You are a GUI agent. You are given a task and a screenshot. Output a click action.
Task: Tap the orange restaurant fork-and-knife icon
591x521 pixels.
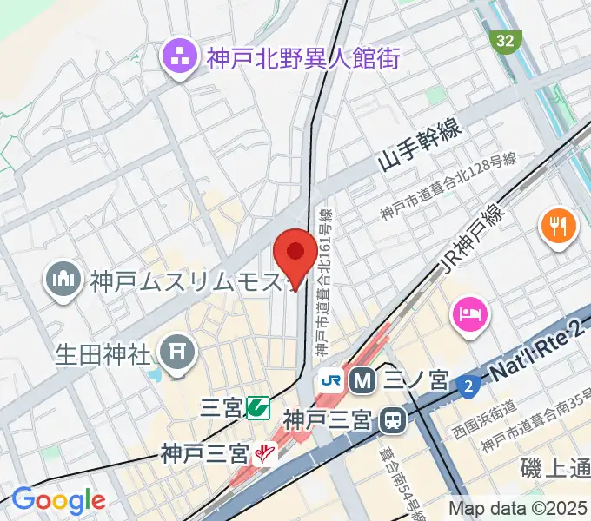tap(557, 228)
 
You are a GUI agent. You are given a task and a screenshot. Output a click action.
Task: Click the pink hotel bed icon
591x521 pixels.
tap(470, 310)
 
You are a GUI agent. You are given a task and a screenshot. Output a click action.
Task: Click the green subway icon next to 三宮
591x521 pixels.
tap(256, 406)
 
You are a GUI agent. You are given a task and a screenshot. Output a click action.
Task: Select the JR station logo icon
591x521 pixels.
tap(330, 379)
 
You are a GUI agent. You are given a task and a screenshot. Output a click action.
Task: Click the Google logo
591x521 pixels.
tap(57, 500)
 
